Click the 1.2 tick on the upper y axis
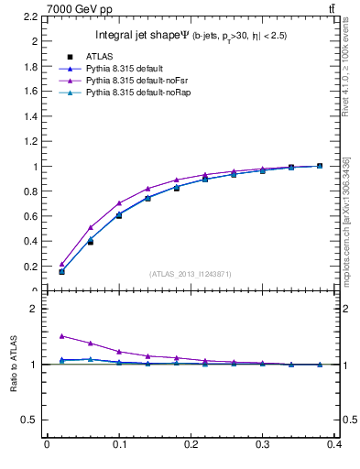tap(32, 141)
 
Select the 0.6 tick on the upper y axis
tap(32, 216)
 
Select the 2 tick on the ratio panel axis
tap(36, 309)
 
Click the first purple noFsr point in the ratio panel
tap(61, 336)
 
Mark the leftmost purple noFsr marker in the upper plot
tap(61, 264)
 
